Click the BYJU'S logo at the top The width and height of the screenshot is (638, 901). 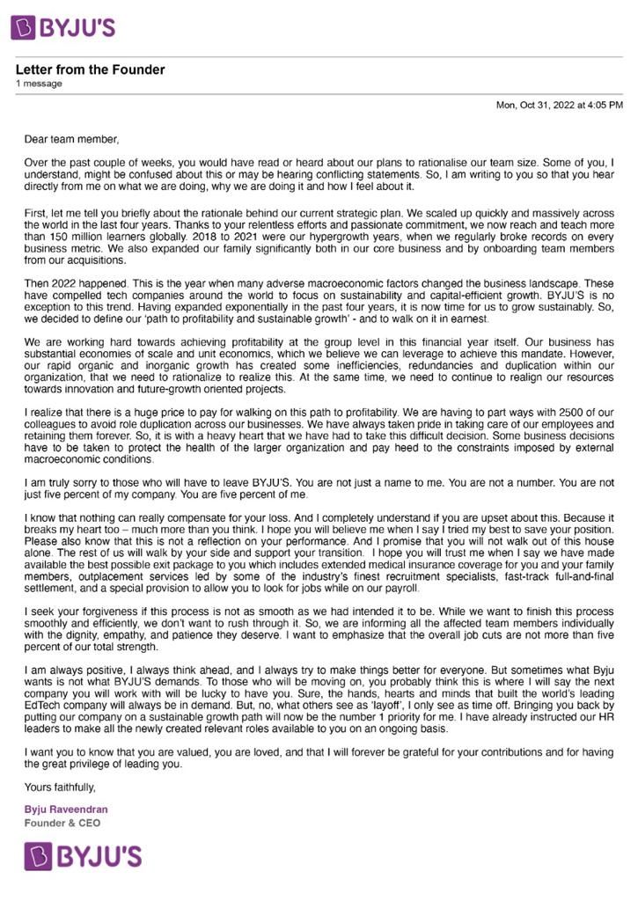coord(63,26)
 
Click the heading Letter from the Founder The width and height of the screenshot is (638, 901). coord(90,70)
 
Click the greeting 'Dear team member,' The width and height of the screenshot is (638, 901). coord(71,138)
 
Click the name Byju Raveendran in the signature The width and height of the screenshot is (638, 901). coord(66,809)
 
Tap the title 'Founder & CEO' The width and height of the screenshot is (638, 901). coord(62,823)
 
